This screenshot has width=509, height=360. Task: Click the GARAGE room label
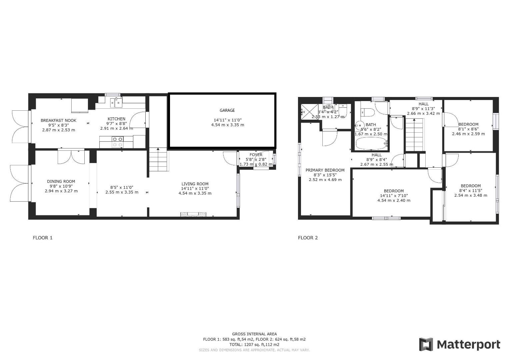pyautogui.click(x=227, y=110)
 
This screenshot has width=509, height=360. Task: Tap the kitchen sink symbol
pyautogui.click(x=118, y=103)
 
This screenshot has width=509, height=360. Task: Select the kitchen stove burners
pyautogui.click(x=118, y=142)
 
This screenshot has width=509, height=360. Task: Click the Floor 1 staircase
pyautogui.click(x=158, y=160)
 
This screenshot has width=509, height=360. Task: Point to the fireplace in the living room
pyautogui.click(x=194, y=215)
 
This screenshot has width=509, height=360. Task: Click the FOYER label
pyautogui.click(x=256, y=155)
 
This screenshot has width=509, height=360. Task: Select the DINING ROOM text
pyautogui.click(x=61, y=182)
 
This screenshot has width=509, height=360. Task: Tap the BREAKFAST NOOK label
pyautogui.click(x=58, y=120)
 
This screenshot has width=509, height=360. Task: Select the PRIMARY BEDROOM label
pyautogui.click(x=325, y=170)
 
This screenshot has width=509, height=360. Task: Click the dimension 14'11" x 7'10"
pyautogui.click(x=394, y=196)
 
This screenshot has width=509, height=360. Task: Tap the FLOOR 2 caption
pyautogui.click(x=308, y=238)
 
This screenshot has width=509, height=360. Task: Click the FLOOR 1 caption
pyautogui.click(x=43, y=238)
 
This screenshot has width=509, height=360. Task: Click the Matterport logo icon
pyautogui.click(x=426, y=344)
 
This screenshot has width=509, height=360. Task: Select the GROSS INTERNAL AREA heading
pyautogui.click(x=254, y=334)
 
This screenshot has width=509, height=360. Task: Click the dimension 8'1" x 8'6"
pyautogui.click(x=468, y=129)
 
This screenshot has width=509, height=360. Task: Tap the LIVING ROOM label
pyautogui.click(x=195, y=184)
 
